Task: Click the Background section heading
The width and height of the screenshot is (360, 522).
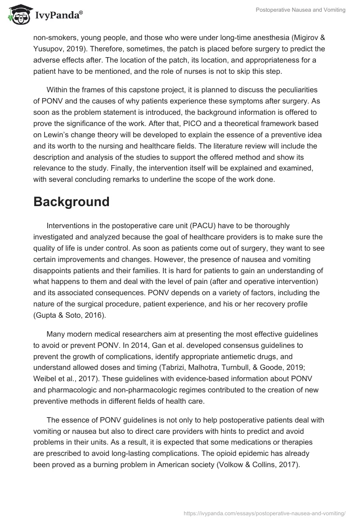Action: [71, 202]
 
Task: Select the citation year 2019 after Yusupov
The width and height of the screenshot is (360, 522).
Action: [75, 49]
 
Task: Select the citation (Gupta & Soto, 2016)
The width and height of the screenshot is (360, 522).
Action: [69, 315]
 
